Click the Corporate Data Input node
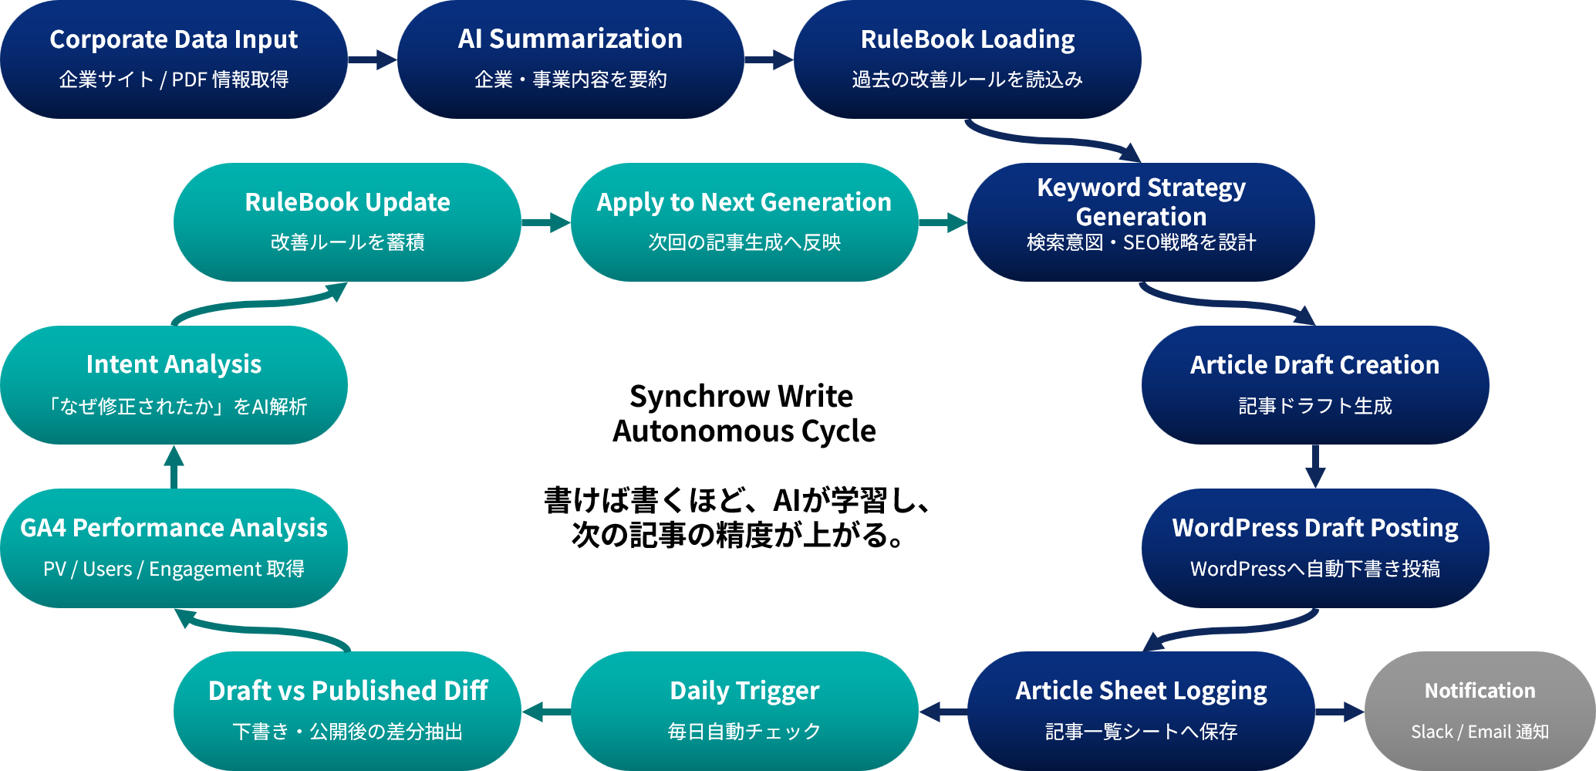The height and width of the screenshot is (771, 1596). (x=174, y=59)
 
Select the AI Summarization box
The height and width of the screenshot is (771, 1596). (x=570, y=59)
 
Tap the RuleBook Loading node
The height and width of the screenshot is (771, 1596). (x=967, y=59)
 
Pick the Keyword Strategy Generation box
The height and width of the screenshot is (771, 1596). (x=1141, y=221)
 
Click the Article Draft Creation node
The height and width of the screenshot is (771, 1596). (x=1314, y=384)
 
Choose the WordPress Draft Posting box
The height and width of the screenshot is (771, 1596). (x=1314, y=547)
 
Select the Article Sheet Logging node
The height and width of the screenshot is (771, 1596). (x=1141, y=710)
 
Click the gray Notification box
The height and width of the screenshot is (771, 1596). (x=1480, y=710)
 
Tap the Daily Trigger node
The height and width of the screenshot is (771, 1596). (x=744, y=710)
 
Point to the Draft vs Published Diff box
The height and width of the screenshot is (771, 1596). (x=347, y=710)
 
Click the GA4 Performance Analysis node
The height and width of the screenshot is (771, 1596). (x=174, y=547)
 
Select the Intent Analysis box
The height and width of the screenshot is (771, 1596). (x=174, y=384)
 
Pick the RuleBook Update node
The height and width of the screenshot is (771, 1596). (x=347, y=221)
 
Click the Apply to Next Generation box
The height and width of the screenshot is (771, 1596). (x=744, y=221)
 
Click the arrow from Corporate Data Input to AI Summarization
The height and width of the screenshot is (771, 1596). (x=373, y=59)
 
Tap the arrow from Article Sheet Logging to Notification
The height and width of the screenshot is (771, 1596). (x=1340, y=711)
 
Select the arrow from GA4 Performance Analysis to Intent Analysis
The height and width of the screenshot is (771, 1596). (x=174, y=466)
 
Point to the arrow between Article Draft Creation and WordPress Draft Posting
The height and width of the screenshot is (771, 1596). (x=1315, y=466)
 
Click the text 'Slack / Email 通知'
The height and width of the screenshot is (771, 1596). (x=1480, y=731)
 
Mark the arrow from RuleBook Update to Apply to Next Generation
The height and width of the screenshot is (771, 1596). (x=546, y=223)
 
